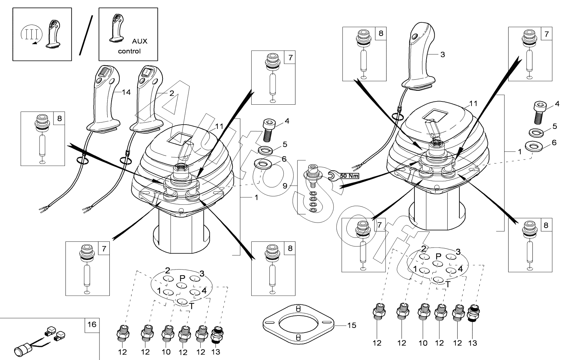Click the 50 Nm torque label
[x=349, y=176]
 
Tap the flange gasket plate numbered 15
[x=299, y=323]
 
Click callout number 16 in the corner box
[x=92, y=324]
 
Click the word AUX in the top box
[x=140, y=41]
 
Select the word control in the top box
[x=129, y=51]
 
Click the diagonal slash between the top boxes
[x=86, y=35]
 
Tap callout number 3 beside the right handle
[x=442, y=55]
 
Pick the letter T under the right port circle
[x=448, y=284]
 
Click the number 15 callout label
[x=351, y=325]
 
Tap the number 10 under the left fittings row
[x=166, y=352]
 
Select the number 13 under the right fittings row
[x=472, y=343]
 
